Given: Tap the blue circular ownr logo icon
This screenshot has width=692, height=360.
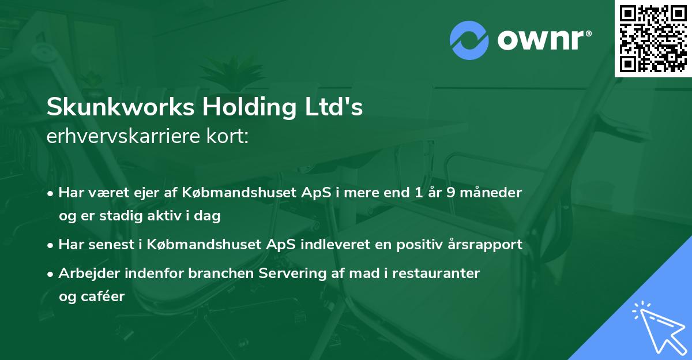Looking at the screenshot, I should click(469, 40).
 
